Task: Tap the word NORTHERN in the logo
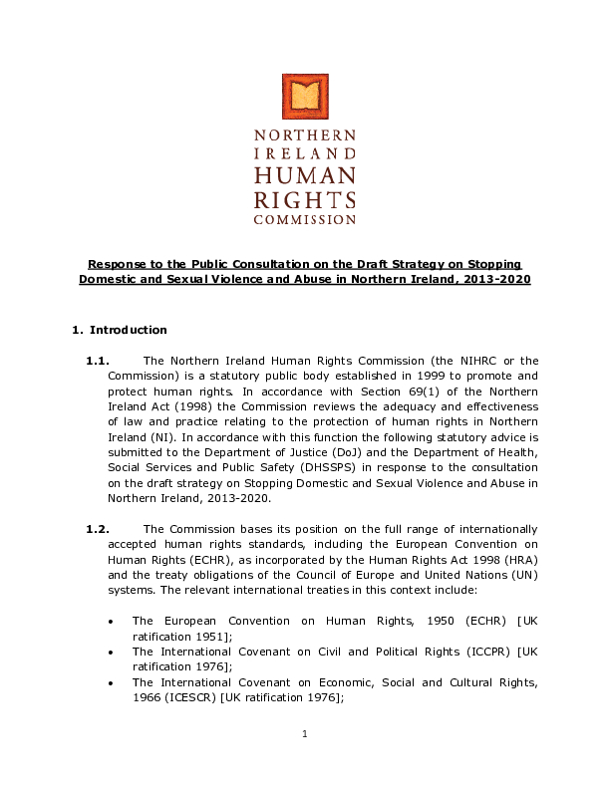(x=305, y=134)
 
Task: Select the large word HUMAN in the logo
(x=305, y=174)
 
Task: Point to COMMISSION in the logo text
(x=305, y=218)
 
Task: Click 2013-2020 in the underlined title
(x=496, y=279)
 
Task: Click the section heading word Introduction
(x=129, y=330)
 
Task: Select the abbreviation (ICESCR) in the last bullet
(x=190, y=697)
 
